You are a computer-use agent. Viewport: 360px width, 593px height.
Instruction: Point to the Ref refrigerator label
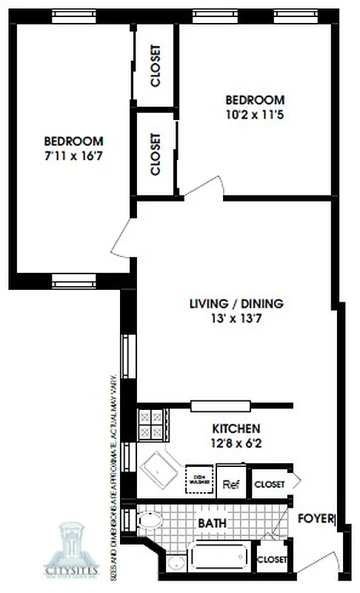pos(230,485)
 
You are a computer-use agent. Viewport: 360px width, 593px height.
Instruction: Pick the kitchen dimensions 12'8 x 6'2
pos(236,444)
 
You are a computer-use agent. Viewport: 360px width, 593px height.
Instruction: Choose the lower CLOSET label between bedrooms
pos(156,154)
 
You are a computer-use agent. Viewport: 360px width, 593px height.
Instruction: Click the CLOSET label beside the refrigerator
pos(270,484)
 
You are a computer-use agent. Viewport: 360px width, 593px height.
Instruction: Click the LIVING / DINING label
pos(236,303)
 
